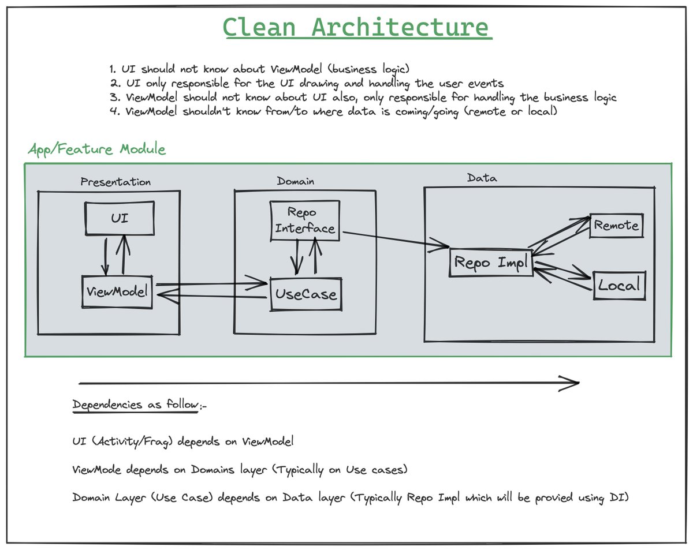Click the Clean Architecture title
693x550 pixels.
pos(357,28)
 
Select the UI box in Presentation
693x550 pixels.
pos(119,219)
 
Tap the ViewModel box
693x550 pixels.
pos(117,291)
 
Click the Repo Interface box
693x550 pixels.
pos(304,221)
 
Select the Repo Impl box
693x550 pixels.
pos(491,263)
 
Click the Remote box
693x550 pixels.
pos(616,226)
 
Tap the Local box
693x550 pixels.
pos(619,285)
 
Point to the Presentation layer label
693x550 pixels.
pos(115,182)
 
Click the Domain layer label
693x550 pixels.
pos(296,181)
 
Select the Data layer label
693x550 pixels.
pos(482,178)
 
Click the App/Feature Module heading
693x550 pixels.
pos(96,149)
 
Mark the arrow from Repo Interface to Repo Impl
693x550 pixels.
pos(395,240)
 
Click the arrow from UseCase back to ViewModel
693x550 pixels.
pos(214,296)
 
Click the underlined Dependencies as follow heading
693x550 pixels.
pos(135,405)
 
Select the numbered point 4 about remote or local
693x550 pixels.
pos(333,111)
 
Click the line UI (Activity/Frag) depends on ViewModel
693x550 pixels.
pos(183,442)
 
